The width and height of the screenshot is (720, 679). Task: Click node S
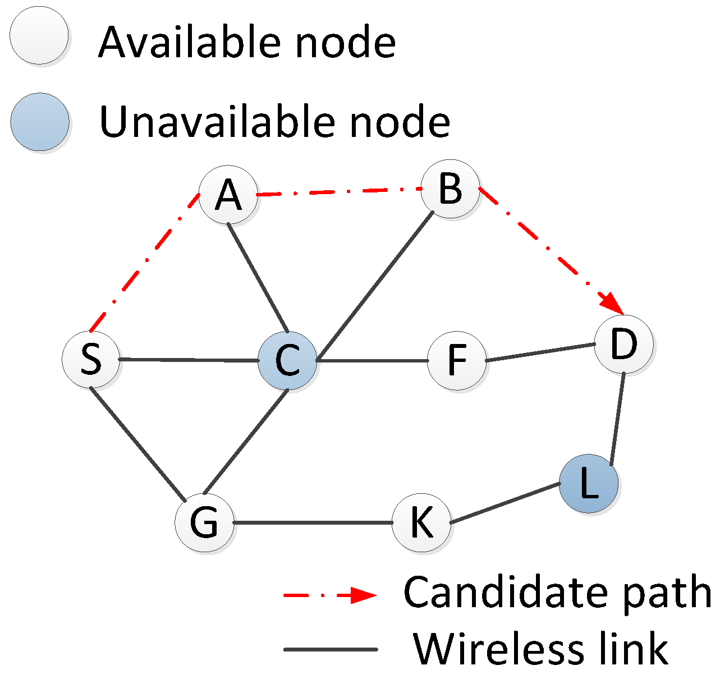(x=91, y=359)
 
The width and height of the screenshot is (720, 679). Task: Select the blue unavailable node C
(x=287, y=361)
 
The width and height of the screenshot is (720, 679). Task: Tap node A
(x=228, y=195)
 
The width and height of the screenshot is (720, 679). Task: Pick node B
(x=451, y=189)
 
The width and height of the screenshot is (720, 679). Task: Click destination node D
(x=623, y=344)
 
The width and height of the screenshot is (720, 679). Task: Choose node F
(x=457, y=361)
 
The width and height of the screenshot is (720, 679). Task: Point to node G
(x=204, y=523)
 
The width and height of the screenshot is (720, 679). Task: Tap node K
(x=421, y=523)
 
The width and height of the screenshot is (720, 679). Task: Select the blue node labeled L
(x=589, y=483)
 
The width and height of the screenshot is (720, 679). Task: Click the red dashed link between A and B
(x=340, y=192)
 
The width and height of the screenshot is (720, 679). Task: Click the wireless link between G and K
(x=313, y=523)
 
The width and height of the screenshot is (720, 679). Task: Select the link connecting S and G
(x=137, y=443)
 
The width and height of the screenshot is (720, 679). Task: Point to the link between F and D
(x=540, y=352)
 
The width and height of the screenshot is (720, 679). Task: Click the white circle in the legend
(x=39, y=35)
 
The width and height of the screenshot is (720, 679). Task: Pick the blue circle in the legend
(x=40, y=122)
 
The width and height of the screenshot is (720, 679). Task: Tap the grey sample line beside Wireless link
(x=331, y=650)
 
